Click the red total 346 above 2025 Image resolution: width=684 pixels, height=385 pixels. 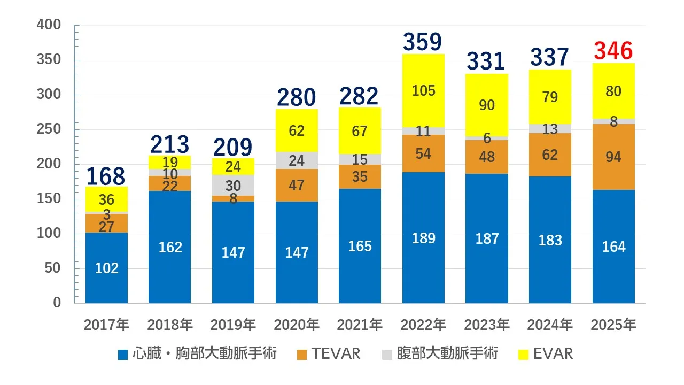(x=613, y=52)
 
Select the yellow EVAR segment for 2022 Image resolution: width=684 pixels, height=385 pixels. (x=423, y=91)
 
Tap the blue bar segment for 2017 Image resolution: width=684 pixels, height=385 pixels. (x=106, y=267)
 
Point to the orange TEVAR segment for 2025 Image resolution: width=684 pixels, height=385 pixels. (x=613, y=157)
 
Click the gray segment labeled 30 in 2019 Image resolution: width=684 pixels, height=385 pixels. (x=233, y=186)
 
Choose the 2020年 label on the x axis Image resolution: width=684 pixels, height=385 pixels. (x=297, y=325)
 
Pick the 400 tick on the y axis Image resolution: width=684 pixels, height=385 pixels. (x=49, y=25)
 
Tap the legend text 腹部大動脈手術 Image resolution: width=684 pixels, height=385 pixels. (x=447, y=353)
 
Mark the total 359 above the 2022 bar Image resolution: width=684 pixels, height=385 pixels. (x=423, y=42)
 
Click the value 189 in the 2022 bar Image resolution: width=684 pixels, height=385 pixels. (x=423, y=238)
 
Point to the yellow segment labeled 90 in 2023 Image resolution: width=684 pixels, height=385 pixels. (x=487, y=105)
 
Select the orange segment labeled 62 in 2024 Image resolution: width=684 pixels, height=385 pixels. (x=550, y=155)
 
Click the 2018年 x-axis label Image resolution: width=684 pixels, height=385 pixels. (x=170, y=325)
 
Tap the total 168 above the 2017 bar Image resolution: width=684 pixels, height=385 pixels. (x=106, y=176)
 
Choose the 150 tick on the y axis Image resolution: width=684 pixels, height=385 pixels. (x=49, y=199)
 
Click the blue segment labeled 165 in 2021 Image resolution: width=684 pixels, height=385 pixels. (x=360, y=246)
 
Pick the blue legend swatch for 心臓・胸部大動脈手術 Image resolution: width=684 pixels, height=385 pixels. (x=123, y=354)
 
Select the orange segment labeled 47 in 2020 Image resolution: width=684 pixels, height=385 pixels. (x=297, y=186)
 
